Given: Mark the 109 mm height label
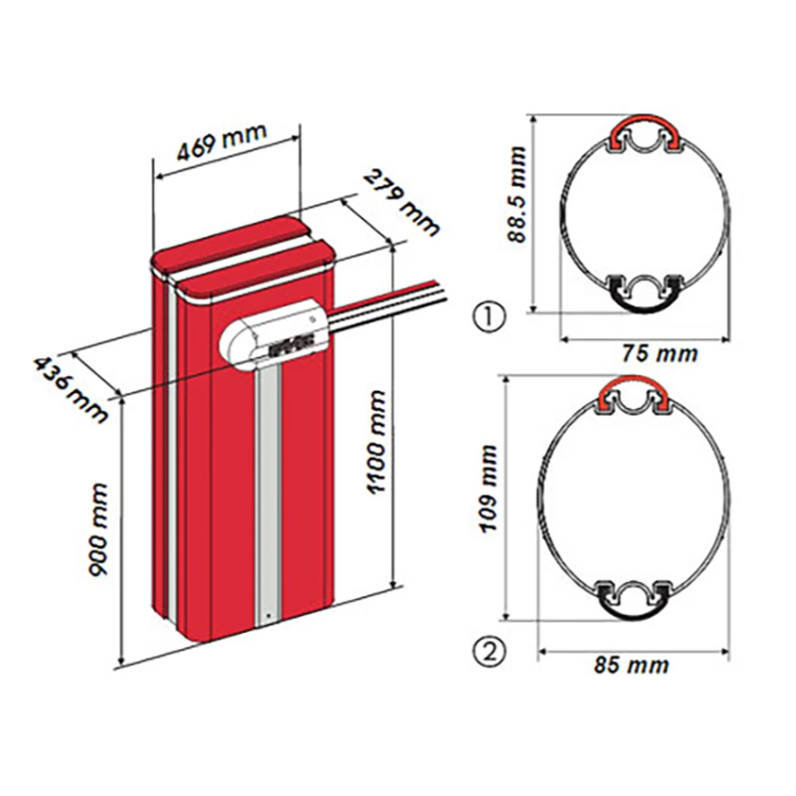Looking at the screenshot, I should pyautogui.click(x=490, y=497).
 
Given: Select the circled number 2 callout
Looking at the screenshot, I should pyautogui.click(x=489, y=653).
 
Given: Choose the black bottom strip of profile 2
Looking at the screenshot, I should pyautogui.click(x=632, y=603).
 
